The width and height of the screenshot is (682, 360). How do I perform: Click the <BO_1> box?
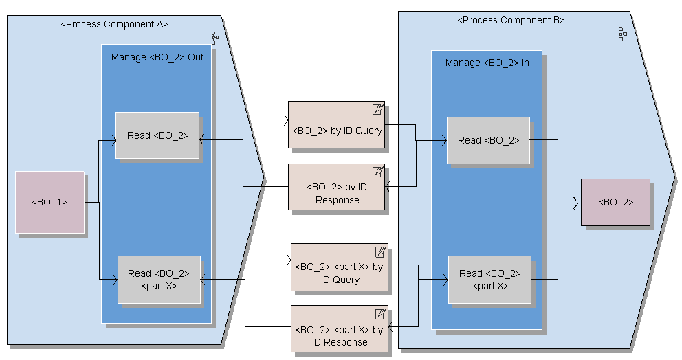[x=49, y=202]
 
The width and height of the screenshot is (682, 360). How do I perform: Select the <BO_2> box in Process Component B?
[x=615, y=202]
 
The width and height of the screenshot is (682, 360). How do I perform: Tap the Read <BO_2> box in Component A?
[x=157, y=135]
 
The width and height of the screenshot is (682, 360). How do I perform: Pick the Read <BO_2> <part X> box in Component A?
[x=159, y=279]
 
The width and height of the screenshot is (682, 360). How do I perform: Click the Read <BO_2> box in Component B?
[x=488, y=140]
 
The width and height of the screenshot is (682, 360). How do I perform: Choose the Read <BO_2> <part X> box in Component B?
[x=489, y=279]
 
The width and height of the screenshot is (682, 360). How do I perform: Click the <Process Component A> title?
[x=114, y=24]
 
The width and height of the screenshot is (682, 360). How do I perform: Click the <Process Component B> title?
[x=511, y=20]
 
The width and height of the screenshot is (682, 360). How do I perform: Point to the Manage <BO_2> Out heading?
[x=157, y=57]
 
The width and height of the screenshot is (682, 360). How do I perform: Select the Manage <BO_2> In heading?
[x=487, y=63]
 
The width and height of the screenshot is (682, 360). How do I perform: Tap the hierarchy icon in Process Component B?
[x=621, y=34]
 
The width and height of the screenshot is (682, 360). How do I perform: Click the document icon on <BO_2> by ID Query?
[x=377, y=109]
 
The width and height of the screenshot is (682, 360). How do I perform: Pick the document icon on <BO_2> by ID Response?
[x=377, y=172]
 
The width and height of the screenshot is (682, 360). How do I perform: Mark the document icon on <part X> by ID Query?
[x=380, y=251]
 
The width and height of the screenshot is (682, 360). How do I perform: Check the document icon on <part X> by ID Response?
[x=380, y=313]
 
